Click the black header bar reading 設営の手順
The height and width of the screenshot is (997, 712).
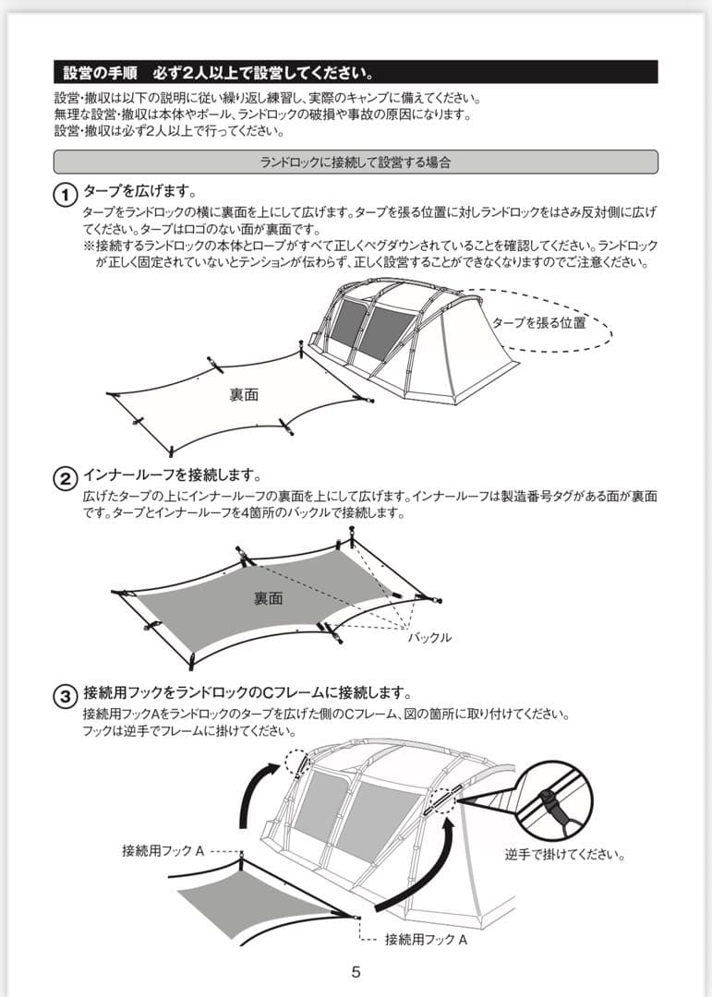pos(356,72)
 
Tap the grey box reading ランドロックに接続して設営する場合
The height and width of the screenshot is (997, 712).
pos(356,162)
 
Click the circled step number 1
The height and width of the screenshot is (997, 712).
pos(65,195)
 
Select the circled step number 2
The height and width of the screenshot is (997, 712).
pos(65,478)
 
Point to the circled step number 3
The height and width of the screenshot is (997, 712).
pos(65,695)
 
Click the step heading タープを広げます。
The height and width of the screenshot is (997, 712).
pos(139,192)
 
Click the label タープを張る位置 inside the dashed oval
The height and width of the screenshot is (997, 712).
pos(538,323)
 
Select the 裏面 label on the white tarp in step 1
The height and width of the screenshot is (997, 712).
pos(244,394)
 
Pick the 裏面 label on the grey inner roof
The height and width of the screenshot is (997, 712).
pos(268,598)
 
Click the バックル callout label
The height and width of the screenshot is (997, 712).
pos(430,637)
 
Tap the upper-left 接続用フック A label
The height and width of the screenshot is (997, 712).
pos(163,850)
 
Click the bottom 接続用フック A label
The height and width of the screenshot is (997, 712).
pos(426,939)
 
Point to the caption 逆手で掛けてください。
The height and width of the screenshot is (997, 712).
pos(565,854)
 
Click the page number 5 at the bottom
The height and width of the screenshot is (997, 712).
pos(356,971)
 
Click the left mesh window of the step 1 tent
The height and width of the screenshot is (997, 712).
pos(346,321)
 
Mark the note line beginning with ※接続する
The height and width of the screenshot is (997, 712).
pos(369,246)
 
